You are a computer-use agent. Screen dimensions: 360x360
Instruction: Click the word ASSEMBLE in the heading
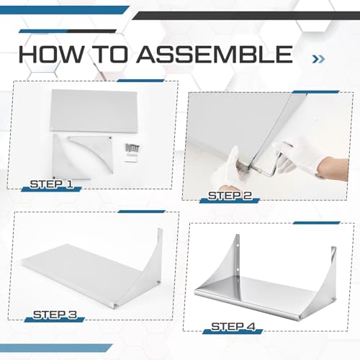pos(215,54)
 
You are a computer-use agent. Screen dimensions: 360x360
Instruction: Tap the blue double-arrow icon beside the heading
pos(318,59)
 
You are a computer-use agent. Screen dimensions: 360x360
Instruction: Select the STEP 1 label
pos(52,184)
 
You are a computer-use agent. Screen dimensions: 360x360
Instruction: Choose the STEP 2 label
pos(230,196)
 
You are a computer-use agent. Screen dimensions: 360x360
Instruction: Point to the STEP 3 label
pos(55,315)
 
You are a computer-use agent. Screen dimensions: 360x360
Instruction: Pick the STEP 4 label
pos(233,326)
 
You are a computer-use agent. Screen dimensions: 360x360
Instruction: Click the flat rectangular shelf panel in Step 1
pos(94,111)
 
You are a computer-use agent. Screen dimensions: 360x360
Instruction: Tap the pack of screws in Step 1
pos(131,153)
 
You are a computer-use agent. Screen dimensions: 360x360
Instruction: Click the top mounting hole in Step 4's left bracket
pos(238,246)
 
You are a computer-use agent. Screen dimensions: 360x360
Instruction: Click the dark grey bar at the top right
pos(246,16)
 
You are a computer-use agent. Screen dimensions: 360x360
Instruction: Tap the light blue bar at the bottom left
pos(56,348)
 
